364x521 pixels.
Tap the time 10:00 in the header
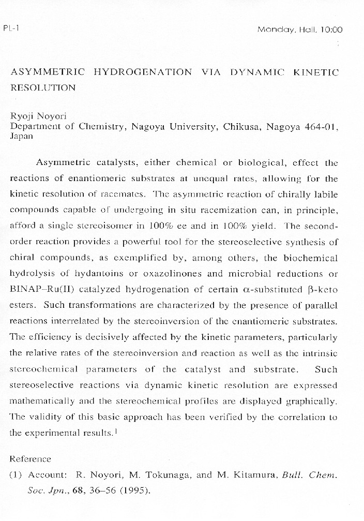point(331,30)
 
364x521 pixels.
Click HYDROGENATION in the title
point(143,72)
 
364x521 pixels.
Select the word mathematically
point(43,401)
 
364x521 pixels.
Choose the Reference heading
point(31,459)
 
